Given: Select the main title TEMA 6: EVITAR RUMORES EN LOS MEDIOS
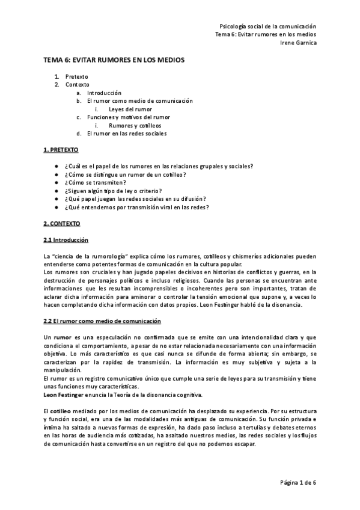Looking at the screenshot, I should point(113,61).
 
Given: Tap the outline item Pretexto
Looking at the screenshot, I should point(77,77).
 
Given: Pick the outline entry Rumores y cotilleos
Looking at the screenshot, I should point(135,125).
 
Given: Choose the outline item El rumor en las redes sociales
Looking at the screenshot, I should point(127,133).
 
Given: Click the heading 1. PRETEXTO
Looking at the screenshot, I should point(61,149).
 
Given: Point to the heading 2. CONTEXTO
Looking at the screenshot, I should point(63,223).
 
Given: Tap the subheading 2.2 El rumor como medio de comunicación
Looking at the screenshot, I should point(103,321).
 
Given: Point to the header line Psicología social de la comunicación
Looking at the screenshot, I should point(267,26).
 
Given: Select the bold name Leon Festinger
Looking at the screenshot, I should point(64,394).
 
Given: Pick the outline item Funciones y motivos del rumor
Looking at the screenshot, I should point(129,117).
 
